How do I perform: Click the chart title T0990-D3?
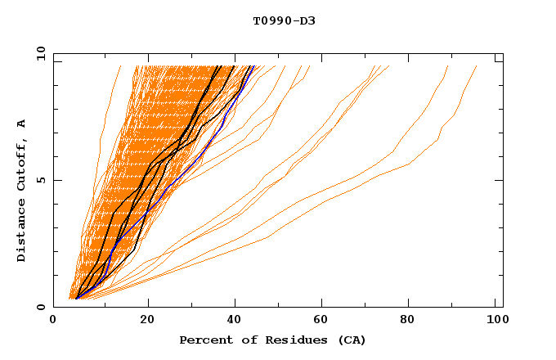(x=284, y=20)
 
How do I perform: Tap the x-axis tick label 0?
(x=53, y=322)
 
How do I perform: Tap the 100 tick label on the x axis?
(x=495, y=322)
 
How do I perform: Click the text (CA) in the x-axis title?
(x=352, y=340)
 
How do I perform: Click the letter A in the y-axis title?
(x=22, y=124)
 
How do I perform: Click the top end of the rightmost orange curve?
(x=477, y=66)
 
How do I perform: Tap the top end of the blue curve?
(x=254, y=66)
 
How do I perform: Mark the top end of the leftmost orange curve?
(x=120, y=66)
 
